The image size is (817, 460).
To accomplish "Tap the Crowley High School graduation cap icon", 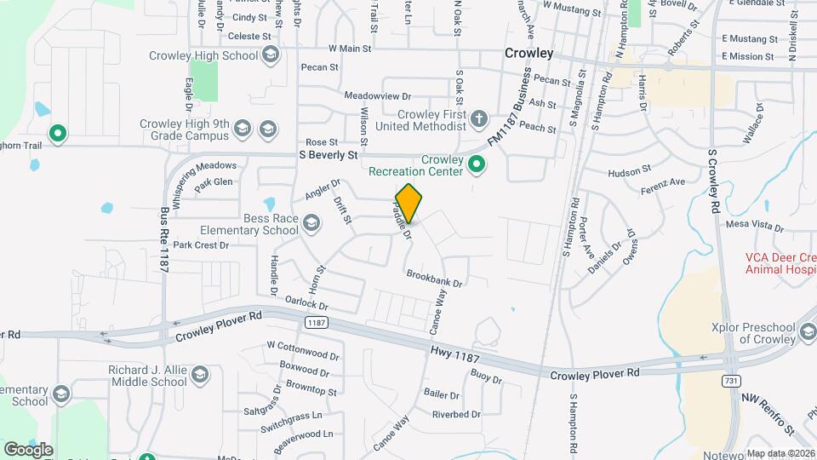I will click(x=271, y=56).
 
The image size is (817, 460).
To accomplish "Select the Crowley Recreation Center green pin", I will click(x=477, y=164).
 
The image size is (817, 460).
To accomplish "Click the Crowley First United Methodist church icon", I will click(x=479, y=118).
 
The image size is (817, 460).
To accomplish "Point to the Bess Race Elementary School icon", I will click(x=311, y=223).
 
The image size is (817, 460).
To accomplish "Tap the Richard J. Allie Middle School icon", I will click(x=199, y=376).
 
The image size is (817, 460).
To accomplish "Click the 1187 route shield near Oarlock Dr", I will click(x=316, y=322).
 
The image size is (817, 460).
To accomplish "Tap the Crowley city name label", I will click(x=528, y=53).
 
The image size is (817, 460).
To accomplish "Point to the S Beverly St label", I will click(x=328, y=156).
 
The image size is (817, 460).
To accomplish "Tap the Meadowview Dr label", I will click(x=378, y=97).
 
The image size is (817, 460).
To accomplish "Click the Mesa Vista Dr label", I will click(x=754, y=226).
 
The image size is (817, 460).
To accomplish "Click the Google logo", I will click(x=28, y=449).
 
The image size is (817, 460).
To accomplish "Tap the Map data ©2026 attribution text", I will click(x=780, y=453).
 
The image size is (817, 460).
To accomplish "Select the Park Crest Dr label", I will click(x=202, y=245).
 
